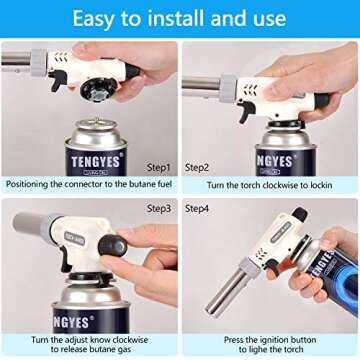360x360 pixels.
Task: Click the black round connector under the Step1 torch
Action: point(103,89)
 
